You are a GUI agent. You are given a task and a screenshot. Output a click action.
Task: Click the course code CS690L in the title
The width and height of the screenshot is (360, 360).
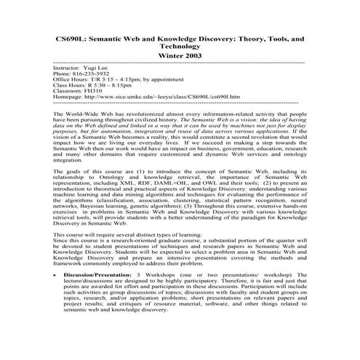click(x=75, y=36)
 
